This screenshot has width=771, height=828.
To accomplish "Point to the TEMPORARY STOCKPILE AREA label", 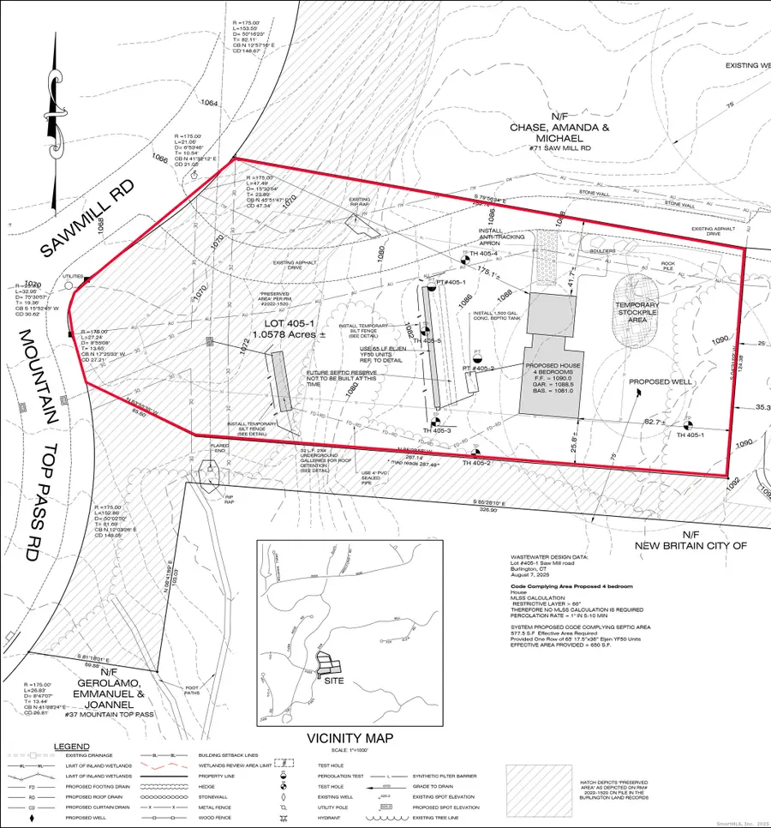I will (x=639, y=314).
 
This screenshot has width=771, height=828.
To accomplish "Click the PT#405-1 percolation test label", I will (x=455, y=281).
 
